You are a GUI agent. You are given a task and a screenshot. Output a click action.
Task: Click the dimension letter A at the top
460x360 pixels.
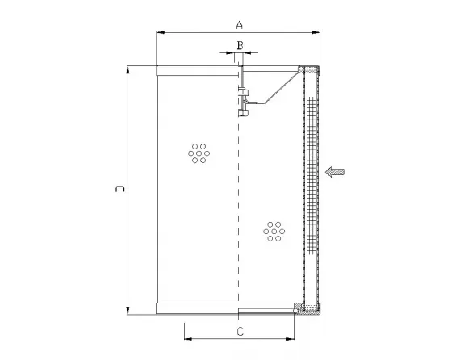point(239,25)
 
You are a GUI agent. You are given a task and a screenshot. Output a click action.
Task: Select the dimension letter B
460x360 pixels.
point(239,45)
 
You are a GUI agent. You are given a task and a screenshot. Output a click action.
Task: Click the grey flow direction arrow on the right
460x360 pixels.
point(336,170)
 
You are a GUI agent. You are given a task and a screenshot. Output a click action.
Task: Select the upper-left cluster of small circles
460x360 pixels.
point(198,153)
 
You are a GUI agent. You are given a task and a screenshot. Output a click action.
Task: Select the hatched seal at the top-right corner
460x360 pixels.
point(303,69)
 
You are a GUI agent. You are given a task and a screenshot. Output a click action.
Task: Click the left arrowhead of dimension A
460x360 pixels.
point(160,32)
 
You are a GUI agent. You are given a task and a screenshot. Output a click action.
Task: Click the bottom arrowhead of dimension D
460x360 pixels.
point(128,309)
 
